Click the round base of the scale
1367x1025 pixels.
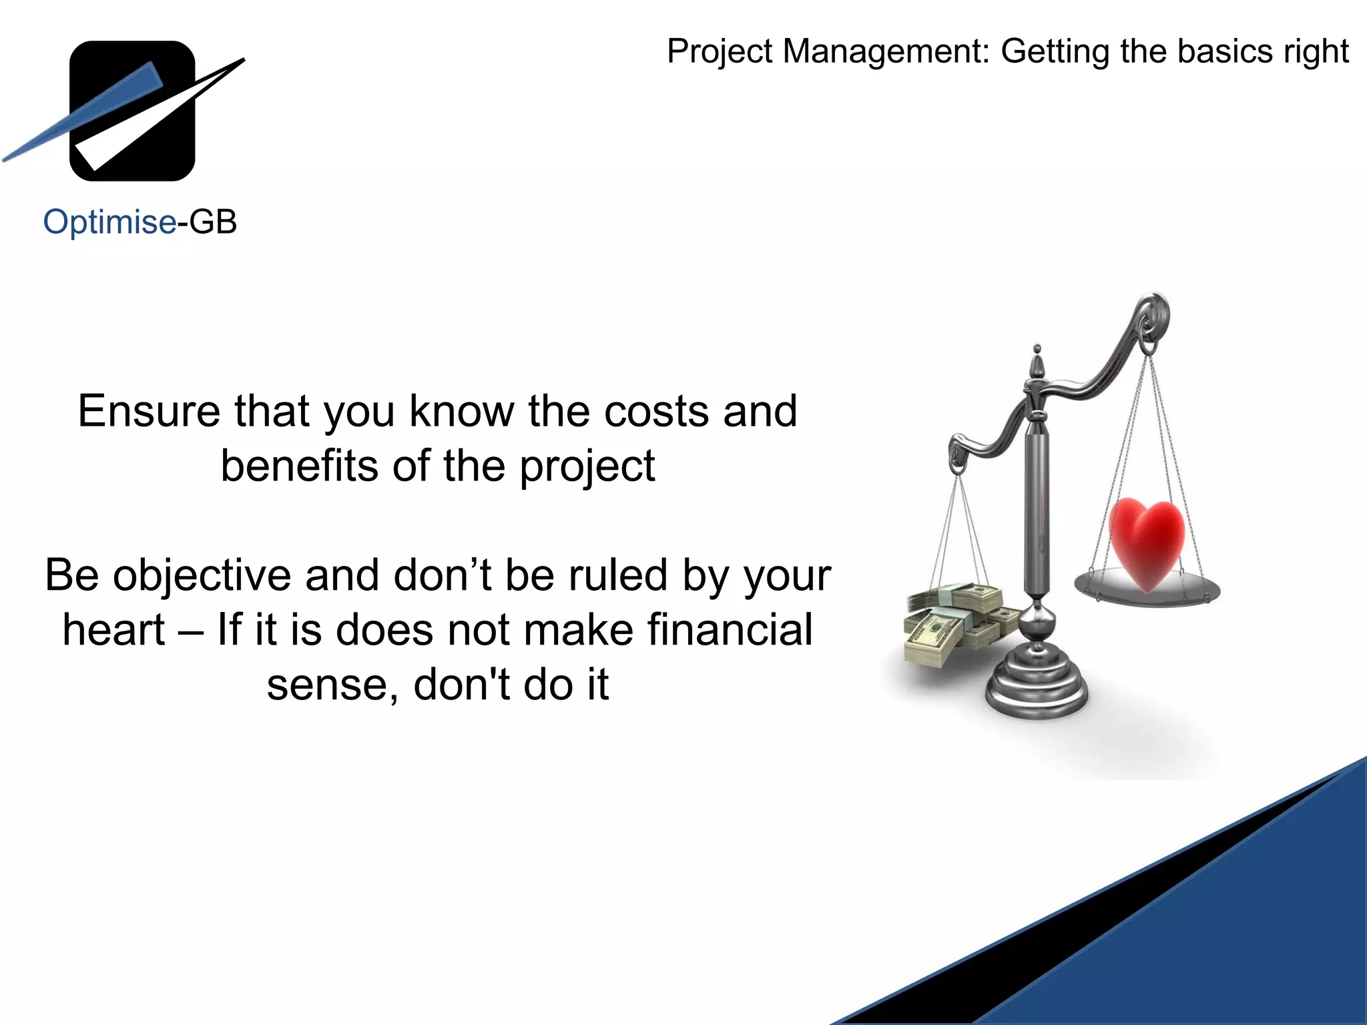point(1037,687)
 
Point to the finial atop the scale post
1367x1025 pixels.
point(1037,364)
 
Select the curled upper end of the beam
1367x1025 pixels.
point(1153,314)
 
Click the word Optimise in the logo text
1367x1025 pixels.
point(109,222)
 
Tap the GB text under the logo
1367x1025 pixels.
point(213,222)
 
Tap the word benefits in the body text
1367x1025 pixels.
point(300,465)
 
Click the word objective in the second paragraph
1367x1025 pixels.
point(202,576)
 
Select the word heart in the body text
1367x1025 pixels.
point(113,630)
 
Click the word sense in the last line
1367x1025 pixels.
point(326,685)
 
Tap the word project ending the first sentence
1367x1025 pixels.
point(587,466)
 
